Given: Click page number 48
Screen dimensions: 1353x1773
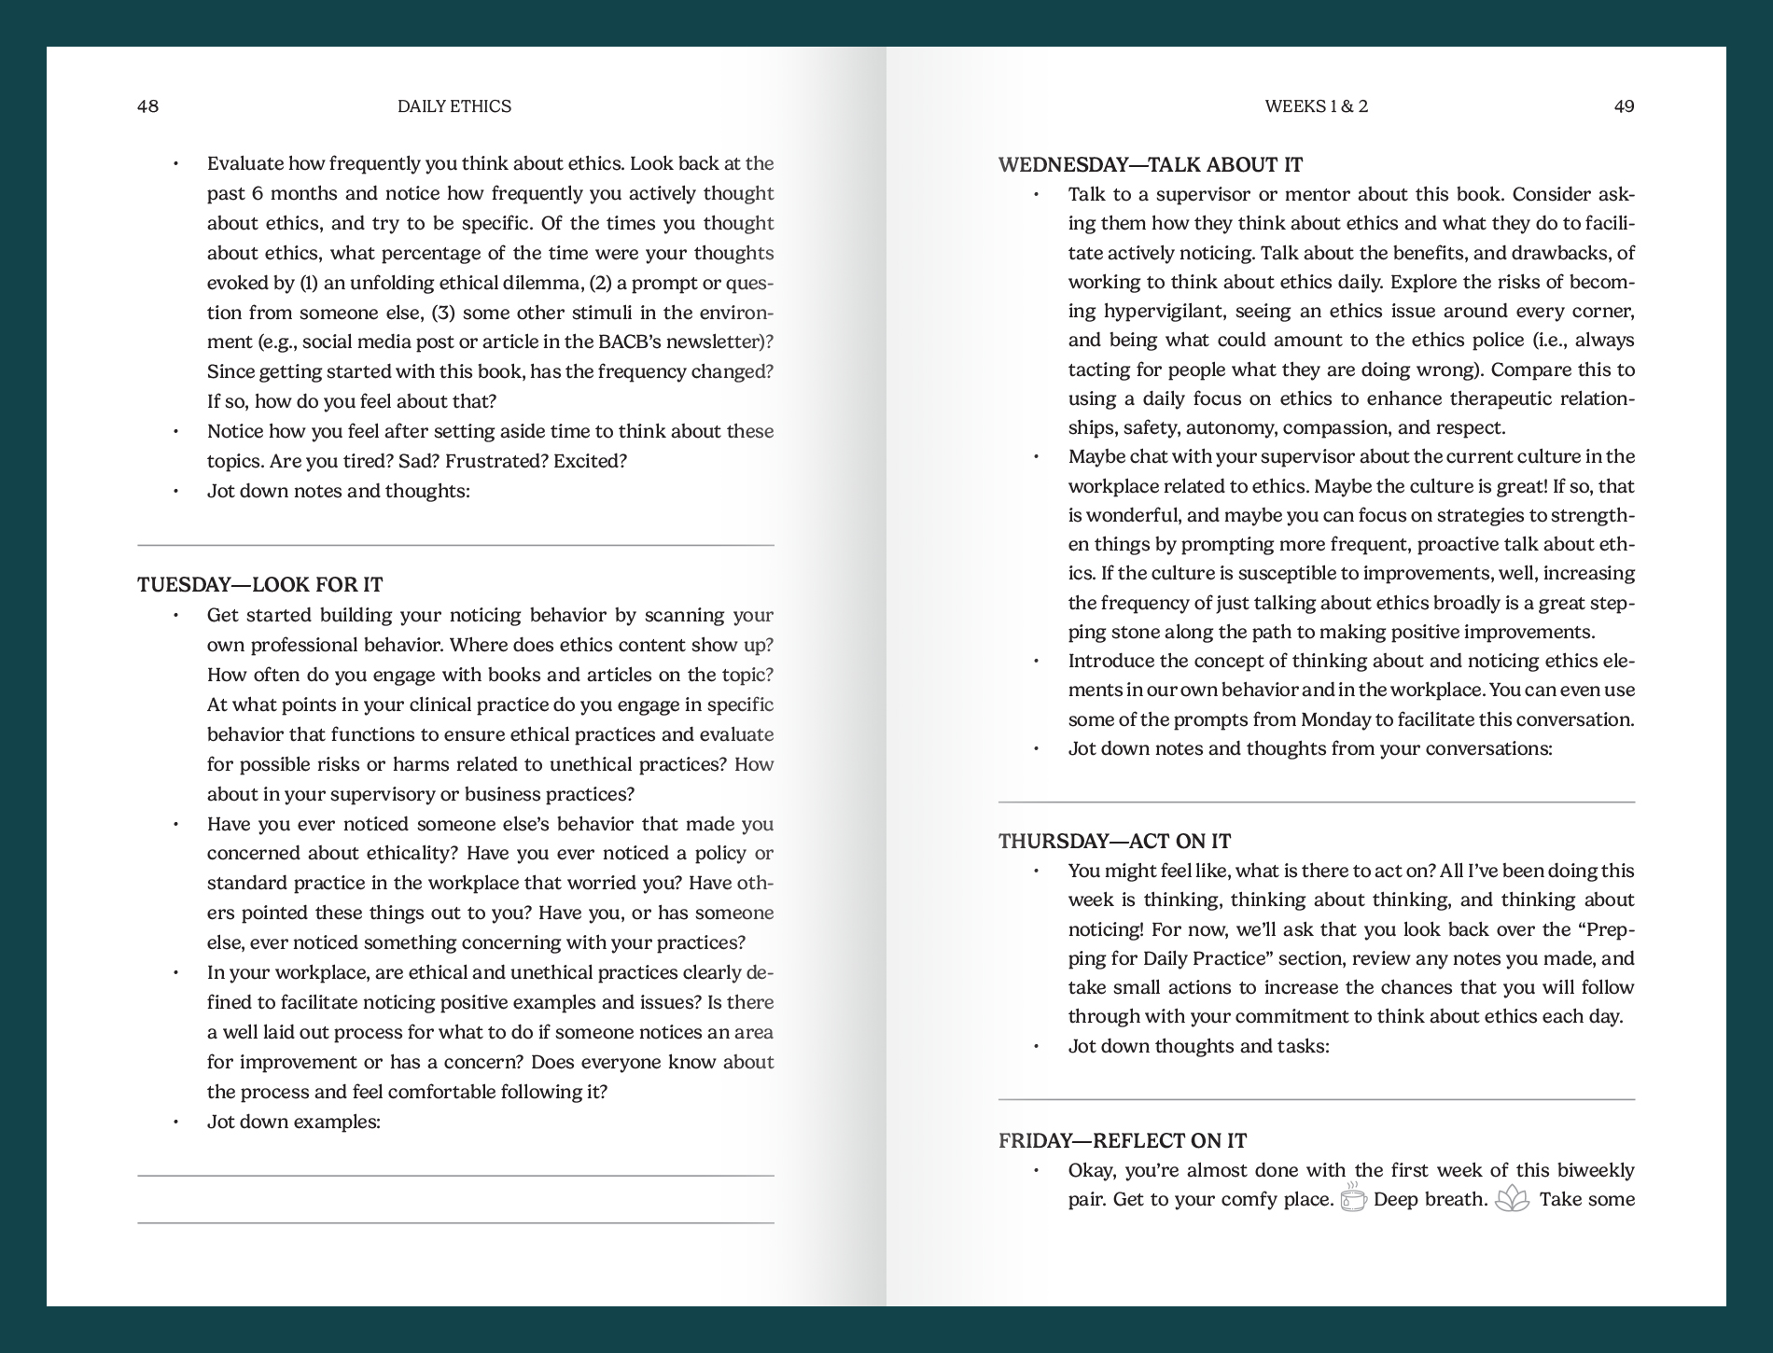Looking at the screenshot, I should (147, 106).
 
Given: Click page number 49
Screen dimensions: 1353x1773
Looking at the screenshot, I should (1624, 106).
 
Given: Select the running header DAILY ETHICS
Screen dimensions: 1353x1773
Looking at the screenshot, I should (454, 106).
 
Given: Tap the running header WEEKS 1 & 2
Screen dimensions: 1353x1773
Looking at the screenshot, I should (1316, 106).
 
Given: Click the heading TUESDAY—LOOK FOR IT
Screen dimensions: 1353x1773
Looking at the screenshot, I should (260, 585).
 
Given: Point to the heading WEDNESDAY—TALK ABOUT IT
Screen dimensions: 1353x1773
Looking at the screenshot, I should (1150, 165).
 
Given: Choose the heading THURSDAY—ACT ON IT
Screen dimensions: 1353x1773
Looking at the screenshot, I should (1114, 841).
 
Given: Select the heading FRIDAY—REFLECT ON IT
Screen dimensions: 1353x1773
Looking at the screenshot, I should (1122, 1140).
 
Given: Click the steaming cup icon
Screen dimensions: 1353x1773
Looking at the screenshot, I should (1353, 1197).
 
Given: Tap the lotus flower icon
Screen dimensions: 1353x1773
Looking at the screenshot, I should (1512, 1198).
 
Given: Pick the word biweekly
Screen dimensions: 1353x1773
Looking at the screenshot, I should (1592, 1170).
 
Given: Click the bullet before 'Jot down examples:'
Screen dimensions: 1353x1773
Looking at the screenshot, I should (175, 1122).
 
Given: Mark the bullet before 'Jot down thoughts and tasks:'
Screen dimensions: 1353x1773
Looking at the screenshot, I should (1036, 1046).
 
